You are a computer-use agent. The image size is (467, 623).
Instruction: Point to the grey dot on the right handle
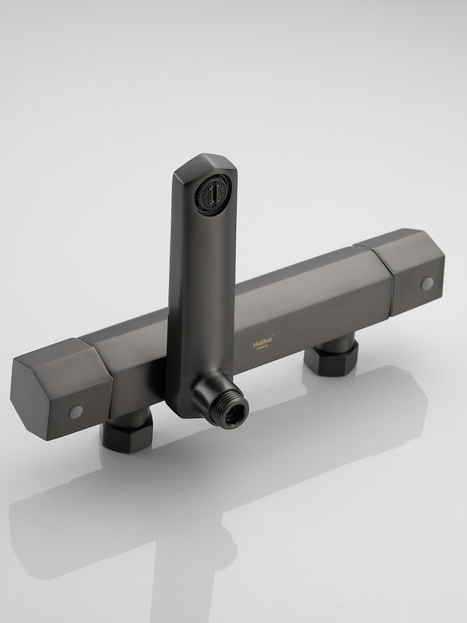(427, 283)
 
